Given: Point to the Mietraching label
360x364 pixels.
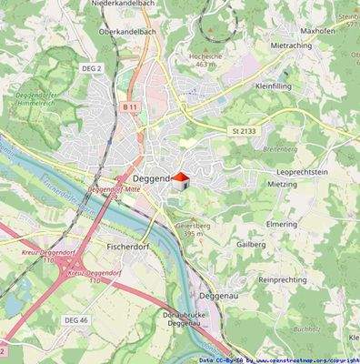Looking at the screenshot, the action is click(x=291, y=45).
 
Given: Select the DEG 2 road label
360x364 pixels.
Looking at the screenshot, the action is click(x=90, y=67).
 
